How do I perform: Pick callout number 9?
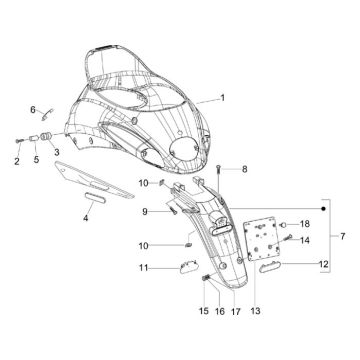tap(145, 211)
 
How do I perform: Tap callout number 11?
tap(143, 267)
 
